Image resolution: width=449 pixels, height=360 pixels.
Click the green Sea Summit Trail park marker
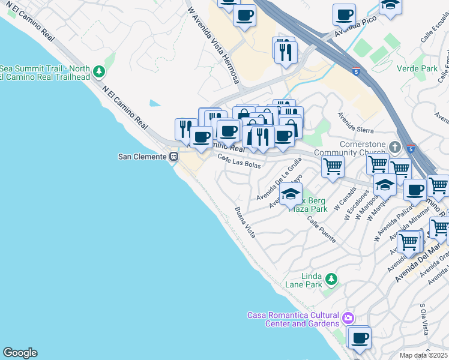pyautogui.click(x=99, y=73)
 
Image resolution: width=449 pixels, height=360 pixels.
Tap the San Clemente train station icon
pyautogui.click(x=173, y=157)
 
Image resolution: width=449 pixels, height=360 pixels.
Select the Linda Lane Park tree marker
pyautogui.click(x=330, y=279)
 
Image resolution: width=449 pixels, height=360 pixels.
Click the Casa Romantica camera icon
pyautogui.click(x=348, y=317)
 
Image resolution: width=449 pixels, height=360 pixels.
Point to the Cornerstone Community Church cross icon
pyautogui.click(x=394, y=146)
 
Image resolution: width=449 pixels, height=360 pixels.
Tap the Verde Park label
pyautogui.click(x=417, y=68)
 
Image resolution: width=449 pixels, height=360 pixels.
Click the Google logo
pyautogui.click(x=20, y=353)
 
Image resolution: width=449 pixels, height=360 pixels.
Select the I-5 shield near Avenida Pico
pyautogui.click(x=357, y=71)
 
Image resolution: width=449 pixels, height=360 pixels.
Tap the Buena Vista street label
pyautogui.click(x=245, y=222)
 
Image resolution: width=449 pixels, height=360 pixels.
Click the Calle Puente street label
pyautogui.click(x=322, y=230)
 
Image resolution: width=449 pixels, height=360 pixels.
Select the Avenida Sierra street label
pyautogui.click(x=355, y=122)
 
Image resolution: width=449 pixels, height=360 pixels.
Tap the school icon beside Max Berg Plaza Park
pyautogui.click(x=291, y=194)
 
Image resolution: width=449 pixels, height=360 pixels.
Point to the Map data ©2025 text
pyautogui.click(x=424, y=355)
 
